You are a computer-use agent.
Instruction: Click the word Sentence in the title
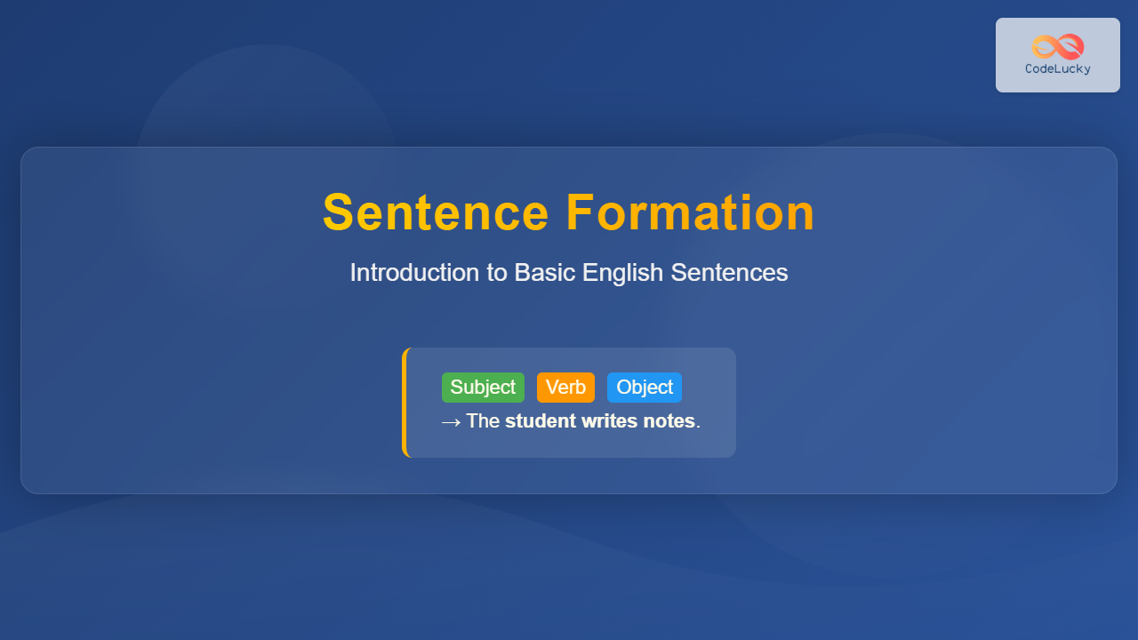(436, 212)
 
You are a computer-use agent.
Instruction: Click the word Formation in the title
(691, 212)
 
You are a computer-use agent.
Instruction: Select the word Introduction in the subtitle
(414, 273)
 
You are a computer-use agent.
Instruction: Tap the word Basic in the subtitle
(545, 273)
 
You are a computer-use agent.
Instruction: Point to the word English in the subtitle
(623, 274)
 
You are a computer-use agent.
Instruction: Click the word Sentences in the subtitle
(730, 273)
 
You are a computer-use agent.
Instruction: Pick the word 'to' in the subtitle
(497, 273)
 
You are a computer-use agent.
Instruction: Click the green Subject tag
(483, 388)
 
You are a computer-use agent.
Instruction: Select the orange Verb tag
(566, 388)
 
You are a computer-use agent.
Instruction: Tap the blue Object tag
(645, 388)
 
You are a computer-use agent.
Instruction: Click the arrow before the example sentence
(451, 422)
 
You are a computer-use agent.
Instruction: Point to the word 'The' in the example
(483, 421)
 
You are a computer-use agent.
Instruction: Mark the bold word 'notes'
(669, 421)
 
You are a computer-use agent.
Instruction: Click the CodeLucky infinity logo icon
(1058, 47)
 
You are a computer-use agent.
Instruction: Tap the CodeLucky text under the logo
(1058, 69)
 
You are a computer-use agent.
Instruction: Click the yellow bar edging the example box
(405, 403)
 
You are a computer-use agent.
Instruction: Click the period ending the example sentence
(698, 428)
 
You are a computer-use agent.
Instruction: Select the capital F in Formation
(579, 212)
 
